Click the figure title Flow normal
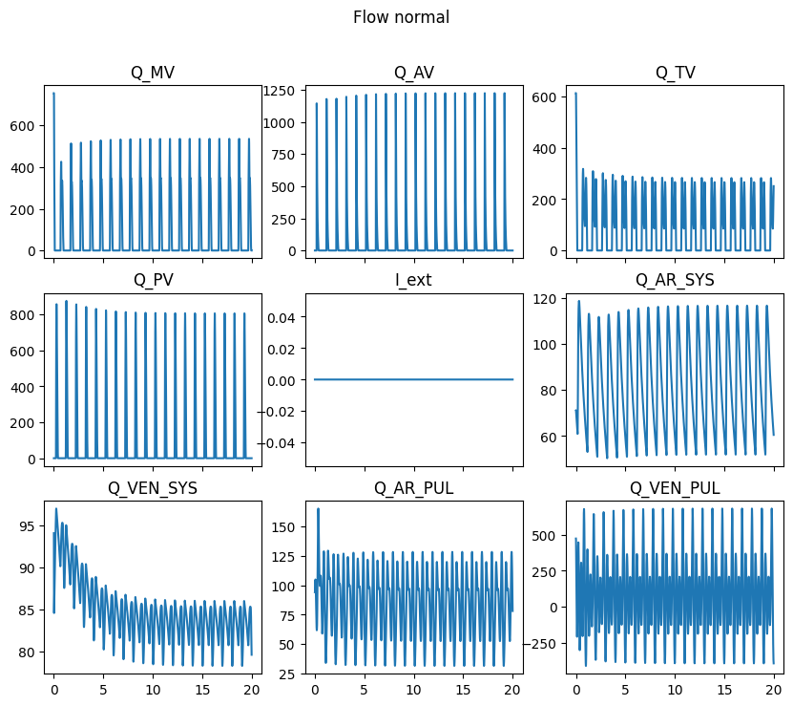pyautogui.click(x=401, y=17)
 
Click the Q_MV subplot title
pyautogui.click(x=152, y=73)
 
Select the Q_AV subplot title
pyautogui.click(x=413, y=73)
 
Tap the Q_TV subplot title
pyautogui.click(x=675, y=73)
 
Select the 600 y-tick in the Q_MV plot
pyautogui.click(x=24, y=126)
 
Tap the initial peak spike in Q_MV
pyautogui.click(x=53, y=94)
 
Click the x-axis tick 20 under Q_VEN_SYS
pyautogui.click(x=251, y=686)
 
